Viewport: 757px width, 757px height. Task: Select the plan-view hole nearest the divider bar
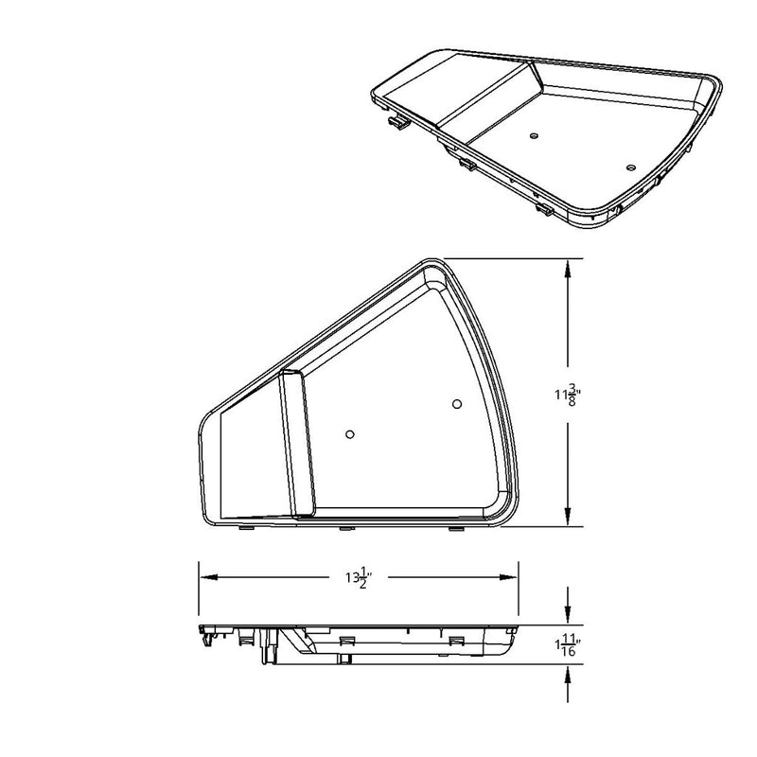click(350, 434)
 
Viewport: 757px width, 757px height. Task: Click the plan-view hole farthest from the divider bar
click(456, 405)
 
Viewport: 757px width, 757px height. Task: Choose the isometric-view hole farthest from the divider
click(631, 167)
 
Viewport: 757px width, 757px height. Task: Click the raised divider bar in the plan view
click(296, 444)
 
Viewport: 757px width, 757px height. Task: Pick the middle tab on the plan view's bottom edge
click(343, 528)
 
